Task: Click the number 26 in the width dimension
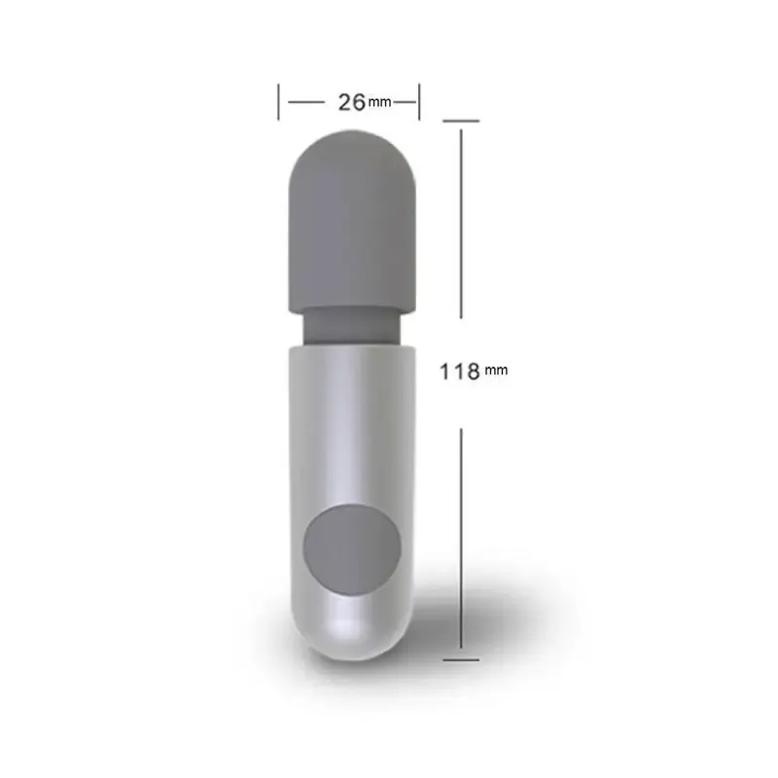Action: [x=352, y=102]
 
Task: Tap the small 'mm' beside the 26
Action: [x=379, y=103]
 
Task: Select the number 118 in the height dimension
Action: [x=460, y=371]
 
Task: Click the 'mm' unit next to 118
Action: [x=496, y=371]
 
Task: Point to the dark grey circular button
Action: [x=352, y=549]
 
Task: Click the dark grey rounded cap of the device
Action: [x=352, y=221]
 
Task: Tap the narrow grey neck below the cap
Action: [x=351, y=328]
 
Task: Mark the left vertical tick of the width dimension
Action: [x=278, y=102]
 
